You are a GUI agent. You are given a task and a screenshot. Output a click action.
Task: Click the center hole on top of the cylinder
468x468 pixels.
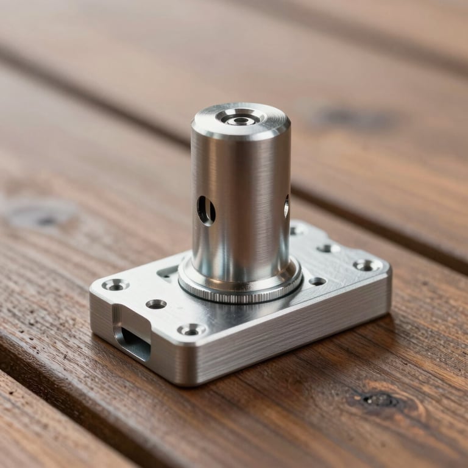240,120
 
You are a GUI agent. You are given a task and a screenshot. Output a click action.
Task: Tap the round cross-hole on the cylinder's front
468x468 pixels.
206,210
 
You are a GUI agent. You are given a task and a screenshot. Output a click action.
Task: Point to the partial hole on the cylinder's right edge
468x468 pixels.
286,207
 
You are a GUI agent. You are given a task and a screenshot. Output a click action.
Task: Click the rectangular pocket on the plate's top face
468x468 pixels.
168,272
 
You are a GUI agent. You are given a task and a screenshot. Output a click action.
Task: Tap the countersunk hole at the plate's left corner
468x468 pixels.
115,285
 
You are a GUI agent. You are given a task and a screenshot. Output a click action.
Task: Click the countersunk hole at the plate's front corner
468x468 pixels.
191,330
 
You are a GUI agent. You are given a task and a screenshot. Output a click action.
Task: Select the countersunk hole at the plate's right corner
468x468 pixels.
367,265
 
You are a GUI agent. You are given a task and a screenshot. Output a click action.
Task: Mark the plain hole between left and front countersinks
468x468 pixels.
156,303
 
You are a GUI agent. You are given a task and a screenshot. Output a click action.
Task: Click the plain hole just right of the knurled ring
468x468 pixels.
317,282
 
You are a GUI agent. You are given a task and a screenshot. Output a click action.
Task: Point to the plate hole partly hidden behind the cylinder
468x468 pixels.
297,230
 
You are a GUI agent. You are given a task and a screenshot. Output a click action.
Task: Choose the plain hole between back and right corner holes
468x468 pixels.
329,248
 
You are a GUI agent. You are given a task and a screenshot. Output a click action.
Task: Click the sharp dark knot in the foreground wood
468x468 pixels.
378,400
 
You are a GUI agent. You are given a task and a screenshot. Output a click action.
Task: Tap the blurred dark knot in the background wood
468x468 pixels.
353,116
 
